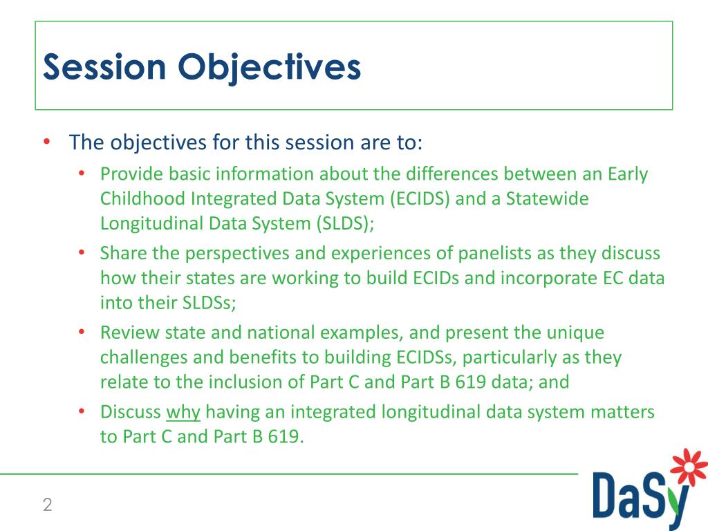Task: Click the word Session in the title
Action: click(x=105, y=67)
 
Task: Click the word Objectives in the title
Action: click(x=270, y=68)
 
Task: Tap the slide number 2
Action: click(x=48, y=504)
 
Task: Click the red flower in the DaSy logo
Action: click(x=689, y=467)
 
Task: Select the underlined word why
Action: click(x=183, y=413)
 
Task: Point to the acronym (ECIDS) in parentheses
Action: click(x=420, y=198)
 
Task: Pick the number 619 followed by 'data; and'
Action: click(x=470, y=382)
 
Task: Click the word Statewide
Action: click(x=548, y=198)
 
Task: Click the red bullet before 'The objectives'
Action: click(x=46, y=142)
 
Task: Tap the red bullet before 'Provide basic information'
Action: click(x=82, y=174)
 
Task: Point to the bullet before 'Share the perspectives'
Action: click(x=82, y=253)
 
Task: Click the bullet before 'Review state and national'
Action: click(x=82, y=333)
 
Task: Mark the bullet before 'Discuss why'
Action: click(x=82, y=411)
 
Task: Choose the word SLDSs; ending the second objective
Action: click(x=209, y=303)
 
